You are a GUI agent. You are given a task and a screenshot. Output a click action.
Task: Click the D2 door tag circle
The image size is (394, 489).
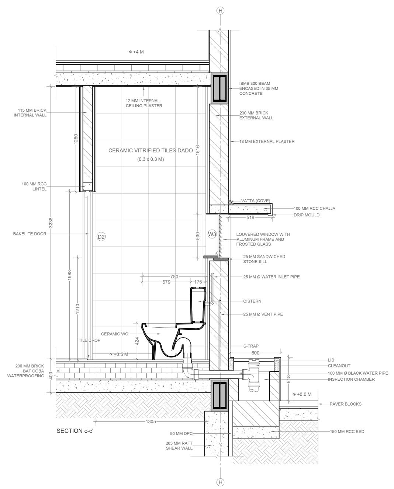101,237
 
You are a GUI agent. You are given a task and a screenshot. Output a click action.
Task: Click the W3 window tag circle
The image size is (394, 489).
212,234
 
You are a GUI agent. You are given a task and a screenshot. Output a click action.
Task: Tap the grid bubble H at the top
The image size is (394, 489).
220,11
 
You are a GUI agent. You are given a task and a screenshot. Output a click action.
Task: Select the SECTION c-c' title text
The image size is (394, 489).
75,431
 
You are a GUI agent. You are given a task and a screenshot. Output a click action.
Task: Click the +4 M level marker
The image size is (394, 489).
136,52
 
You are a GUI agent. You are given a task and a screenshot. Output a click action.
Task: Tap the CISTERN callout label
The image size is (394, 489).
252,301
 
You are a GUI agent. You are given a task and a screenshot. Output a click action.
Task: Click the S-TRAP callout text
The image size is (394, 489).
251,346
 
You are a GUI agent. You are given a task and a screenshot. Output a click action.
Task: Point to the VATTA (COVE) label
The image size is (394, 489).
256,201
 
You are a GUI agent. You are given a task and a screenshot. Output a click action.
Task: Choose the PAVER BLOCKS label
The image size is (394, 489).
346,404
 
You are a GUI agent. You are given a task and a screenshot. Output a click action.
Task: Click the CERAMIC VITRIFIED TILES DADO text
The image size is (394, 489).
151,150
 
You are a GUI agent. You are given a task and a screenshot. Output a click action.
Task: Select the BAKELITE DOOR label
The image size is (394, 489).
30,234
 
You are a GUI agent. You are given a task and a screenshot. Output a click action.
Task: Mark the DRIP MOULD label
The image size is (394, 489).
307,215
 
